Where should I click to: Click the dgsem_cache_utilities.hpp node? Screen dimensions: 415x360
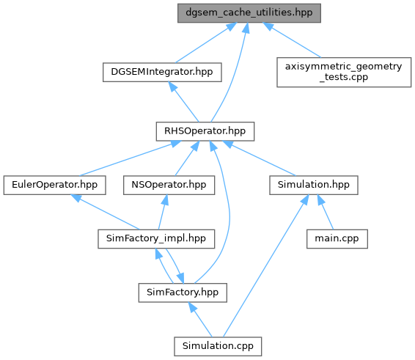[249, 13]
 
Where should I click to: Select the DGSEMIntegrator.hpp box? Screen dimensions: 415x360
[162, 72]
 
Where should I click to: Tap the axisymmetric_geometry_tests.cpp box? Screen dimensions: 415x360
[344, 72]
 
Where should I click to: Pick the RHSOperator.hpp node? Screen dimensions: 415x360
[205, 131]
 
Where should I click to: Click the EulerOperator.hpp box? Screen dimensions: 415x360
[54, 185]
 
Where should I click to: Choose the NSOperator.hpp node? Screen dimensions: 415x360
[169, 185]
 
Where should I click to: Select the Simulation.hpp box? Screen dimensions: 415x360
[314, 185]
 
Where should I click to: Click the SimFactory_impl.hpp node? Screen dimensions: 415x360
[156, 239]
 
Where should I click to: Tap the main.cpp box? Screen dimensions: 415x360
[337, 239]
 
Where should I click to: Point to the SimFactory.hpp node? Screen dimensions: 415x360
[183, 293]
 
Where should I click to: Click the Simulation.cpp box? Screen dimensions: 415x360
[218, 346]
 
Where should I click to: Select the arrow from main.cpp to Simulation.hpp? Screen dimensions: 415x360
[326, 213]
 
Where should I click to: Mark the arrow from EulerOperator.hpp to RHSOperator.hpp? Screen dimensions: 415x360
[130, 158]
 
